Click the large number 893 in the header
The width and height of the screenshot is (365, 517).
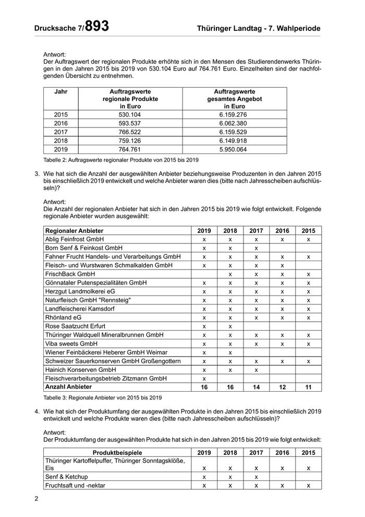(x=97, y=26)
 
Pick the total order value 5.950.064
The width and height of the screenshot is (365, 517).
(x=234, y=149)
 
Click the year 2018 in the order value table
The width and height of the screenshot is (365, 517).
(x=61, y=141)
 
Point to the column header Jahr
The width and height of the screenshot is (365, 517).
(x=61, y=91)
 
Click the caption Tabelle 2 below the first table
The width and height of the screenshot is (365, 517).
(x=120, y=159)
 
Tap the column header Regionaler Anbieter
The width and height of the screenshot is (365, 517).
(x=75, y=230)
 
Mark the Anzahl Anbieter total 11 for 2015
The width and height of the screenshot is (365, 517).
(x=308, y=387)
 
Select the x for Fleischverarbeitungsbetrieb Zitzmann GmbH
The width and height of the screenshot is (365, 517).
(x=204, y=378)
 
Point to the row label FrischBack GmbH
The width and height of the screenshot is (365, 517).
(x=70, y=274)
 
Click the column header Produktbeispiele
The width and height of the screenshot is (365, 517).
(x=117, y=453)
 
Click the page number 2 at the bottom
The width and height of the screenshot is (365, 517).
(x=36, y=498)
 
